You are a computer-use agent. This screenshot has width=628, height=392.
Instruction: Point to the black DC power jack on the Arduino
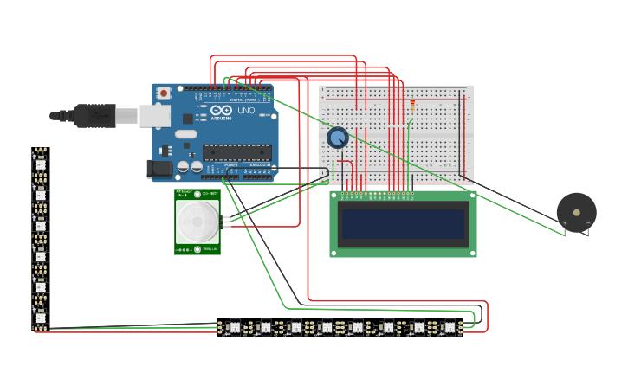[x=159, y=170]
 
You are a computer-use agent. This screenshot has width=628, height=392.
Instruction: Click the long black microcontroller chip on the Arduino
[x=235, y=153]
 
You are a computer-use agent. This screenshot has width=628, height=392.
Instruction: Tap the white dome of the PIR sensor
[x=197, y=223]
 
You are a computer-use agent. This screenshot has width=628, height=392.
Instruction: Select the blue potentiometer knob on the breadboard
[x=337, y=138]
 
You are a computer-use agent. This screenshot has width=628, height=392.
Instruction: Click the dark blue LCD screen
[x=403, y=224]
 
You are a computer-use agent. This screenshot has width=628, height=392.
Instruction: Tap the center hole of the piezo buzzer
[x=576, y=210]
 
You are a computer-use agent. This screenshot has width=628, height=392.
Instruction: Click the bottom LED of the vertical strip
[x=40, y=321]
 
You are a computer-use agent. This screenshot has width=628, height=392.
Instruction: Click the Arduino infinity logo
[x=219, y=112]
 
